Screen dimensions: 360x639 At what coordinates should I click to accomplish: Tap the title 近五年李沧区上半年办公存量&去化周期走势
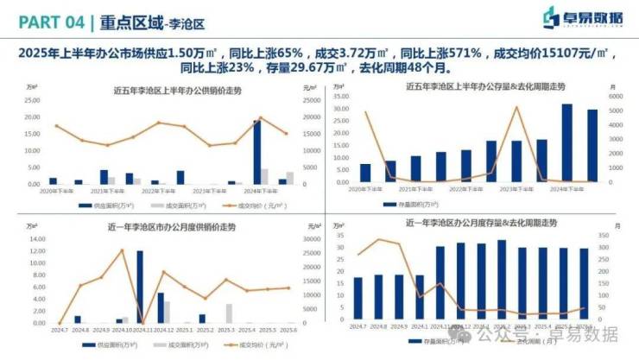point(486,86)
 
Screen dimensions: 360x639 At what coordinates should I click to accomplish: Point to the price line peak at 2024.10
point(122,250)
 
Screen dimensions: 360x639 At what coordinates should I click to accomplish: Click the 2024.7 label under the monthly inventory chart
point(357,326)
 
